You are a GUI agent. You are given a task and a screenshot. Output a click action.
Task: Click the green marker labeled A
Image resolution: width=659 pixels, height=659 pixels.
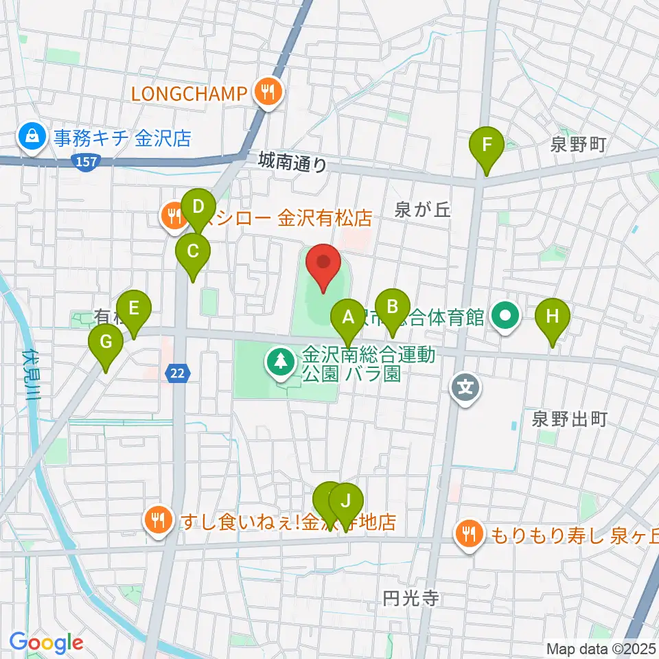pyautogui.click(x=348, y=318)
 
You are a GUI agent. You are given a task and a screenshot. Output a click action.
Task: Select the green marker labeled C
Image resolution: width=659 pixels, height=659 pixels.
pyautogui.click(x=193, y=251)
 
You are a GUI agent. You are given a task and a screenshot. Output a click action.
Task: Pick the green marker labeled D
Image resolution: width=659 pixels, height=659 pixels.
pyautogui.click(x=198, y=207)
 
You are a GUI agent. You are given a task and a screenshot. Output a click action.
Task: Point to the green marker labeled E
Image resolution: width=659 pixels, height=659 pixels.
pyautogui.click(x=134, y=308)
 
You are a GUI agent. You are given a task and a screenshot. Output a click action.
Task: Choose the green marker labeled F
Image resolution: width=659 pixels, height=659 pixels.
pyautogui.click(x=487, y=146)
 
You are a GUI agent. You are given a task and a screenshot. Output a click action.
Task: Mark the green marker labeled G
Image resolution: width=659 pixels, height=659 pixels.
pyautogui.click(x=106, y=341)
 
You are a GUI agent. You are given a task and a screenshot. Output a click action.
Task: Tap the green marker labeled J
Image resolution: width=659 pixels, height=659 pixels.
pyautogui.click(x=346, y=501)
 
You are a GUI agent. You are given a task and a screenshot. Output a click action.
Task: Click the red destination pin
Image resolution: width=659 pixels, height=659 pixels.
pyautogui.click(x=323, y=262)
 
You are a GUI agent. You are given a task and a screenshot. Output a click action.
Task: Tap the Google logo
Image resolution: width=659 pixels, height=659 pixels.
pyautogui.click(x=47, y=643)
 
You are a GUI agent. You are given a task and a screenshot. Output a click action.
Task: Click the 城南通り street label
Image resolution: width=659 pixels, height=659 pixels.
pyautogui.click(x=294, y=163)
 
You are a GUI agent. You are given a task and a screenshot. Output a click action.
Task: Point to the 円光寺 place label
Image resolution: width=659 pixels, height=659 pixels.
pyautogui.click(x=411, y=598)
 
